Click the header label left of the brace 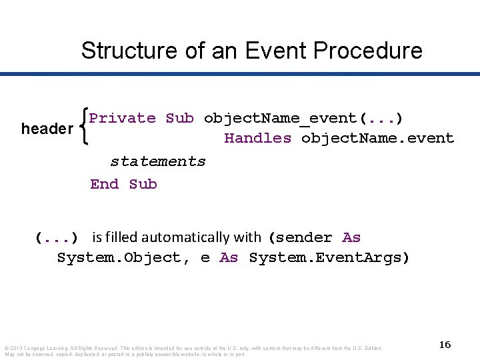click(x=47, y=129)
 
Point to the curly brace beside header click(x=83, y=129)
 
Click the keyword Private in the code click(x=123, y=119)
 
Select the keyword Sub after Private click(x=180, y=119)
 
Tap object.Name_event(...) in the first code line click(x=303, y=119)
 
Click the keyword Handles click(x=258, y=139)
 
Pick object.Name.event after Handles click(x=377, y=139)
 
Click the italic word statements click(x=158, y=161)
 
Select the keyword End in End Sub click(x=105, y=184)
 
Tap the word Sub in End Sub click(x=143, y=184)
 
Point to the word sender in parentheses click(x=304, y=237)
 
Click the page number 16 click(x=445, y=345)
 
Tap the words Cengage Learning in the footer click(x=44, y=348)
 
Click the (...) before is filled click(x=57, y=238)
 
